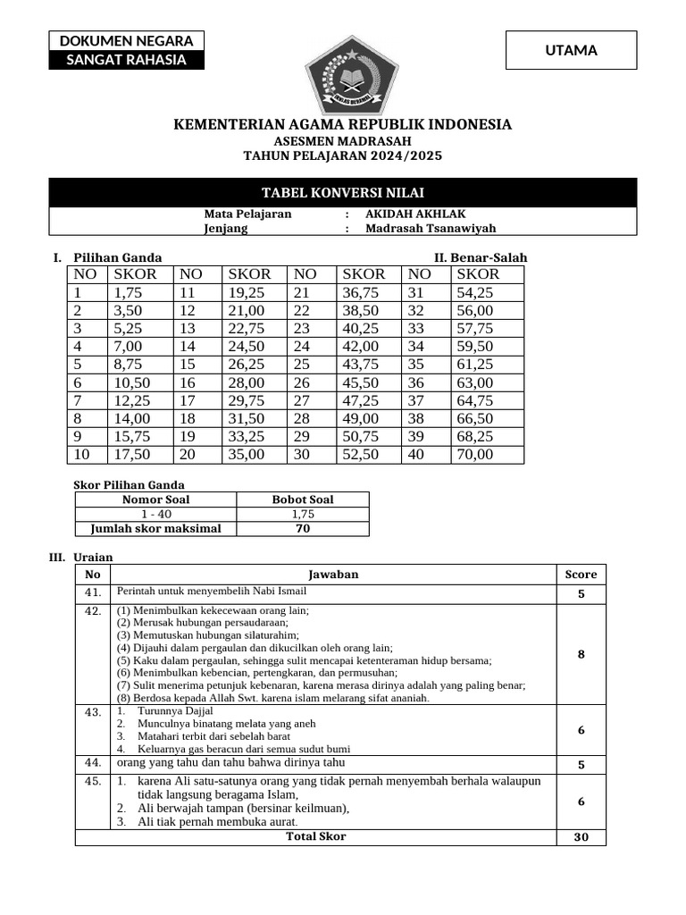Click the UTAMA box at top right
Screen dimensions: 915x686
click(x=571, y=50)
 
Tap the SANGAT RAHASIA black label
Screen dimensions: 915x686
click(x=126, y=60)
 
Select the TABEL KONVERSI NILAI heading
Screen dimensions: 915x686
click(x=343, y=193)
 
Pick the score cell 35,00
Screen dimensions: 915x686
click(x=247, y=454)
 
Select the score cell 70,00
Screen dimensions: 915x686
click(x=474, y=454)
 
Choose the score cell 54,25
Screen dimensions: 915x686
click(x=474, y=292)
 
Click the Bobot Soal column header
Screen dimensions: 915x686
click(x=303, y=499)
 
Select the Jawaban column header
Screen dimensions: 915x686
click(x=333, y=575)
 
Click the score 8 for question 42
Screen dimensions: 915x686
click(x=581, y=654)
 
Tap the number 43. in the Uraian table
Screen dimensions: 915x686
click(x=93, y=712)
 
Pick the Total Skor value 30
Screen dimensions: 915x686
click(x=581, y=838)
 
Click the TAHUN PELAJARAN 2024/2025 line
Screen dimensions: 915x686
click(x=343, y=155)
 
